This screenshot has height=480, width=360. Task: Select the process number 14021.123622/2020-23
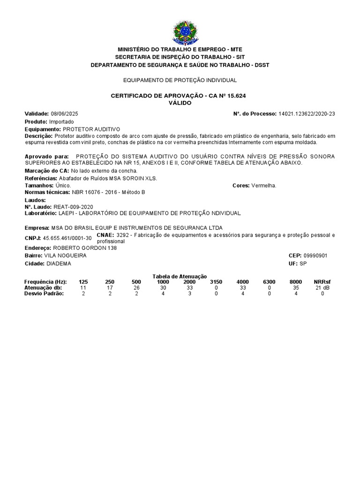tap(307, 114)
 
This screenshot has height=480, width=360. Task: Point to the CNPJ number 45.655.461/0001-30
tap(67, 238)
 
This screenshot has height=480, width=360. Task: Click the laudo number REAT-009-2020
tap(74, 207)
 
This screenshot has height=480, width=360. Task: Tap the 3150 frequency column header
tap(216, 282)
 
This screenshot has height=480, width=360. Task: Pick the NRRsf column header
tap(322, 282)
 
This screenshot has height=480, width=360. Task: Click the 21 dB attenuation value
tap(322, 287)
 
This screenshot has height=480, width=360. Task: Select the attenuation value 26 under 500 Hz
tap(136, 287)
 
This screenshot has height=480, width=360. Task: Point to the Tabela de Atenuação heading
tap(180, 277)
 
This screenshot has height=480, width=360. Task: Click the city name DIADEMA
tap(59, 263)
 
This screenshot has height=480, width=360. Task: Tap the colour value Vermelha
tap(264, 186)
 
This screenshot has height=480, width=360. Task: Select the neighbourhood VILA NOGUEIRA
tap(65, 255)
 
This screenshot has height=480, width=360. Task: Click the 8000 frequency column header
tap(296, 282)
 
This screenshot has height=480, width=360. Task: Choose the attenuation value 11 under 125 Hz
tap(83, 287)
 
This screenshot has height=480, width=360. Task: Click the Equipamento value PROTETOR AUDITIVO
tap(91, 129)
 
